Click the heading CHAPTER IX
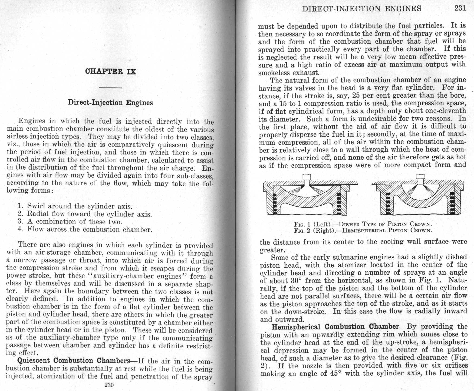coord(110,72)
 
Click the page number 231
coord(460,8)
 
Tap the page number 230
coord(109,385)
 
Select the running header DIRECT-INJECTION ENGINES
coord(362,9)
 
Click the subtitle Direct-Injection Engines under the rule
coord(110,103)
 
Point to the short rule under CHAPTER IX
coord(110,88)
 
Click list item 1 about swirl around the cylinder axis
coord(75,206)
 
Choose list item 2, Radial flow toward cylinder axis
coord(85,214)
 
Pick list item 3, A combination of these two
coord(70,222)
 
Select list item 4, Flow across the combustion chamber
coord(85,230)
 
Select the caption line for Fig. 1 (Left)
coord(363,224)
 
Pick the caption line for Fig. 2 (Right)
coord(363,230)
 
